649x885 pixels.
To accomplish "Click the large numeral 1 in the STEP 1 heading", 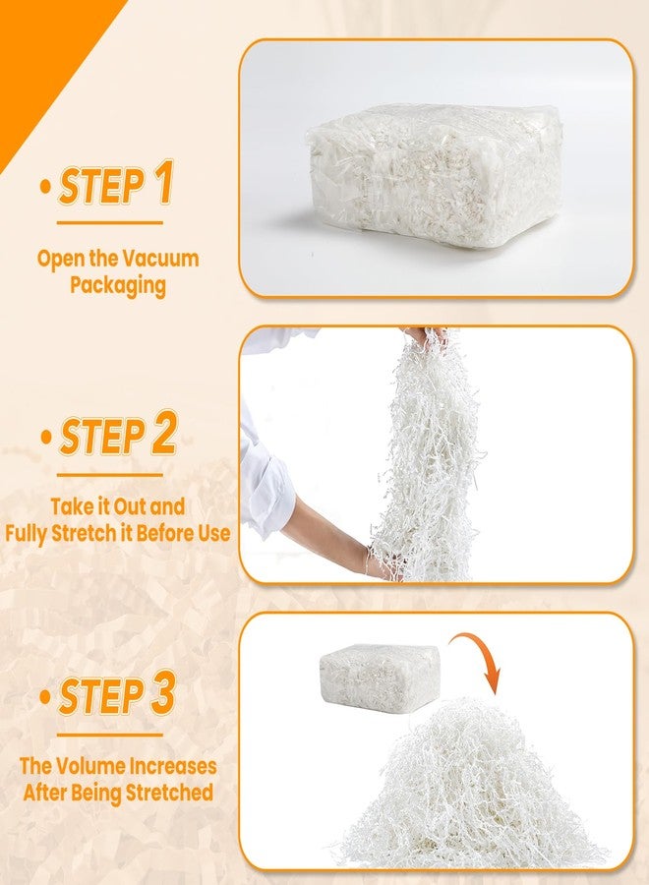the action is pos(163,182).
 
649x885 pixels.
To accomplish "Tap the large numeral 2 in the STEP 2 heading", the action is pos(164,433).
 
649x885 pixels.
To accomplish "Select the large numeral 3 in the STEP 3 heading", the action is pos(162,692).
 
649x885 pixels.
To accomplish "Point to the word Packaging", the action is pos(118,285).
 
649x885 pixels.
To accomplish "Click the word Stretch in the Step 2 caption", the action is pos(82,533).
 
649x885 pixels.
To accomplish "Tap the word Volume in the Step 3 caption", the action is pos(90,766).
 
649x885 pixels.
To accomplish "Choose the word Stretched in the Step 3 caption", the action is pos(169,793).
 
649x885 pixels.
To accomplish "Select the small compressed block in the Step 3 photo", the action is pos(380,678).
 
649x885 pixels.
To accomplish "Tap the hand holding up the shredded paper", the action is pos(427,337).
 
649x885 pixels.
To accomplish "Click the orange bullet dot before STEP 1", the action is pos(46,187).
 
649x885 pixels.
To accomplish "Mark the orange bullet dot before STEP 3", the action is pos(46,696).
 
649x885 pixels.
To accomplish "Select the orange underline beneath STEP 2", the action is pos(109,475).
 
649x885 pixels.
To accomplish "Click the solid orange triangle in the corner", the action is pos(45,56).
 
